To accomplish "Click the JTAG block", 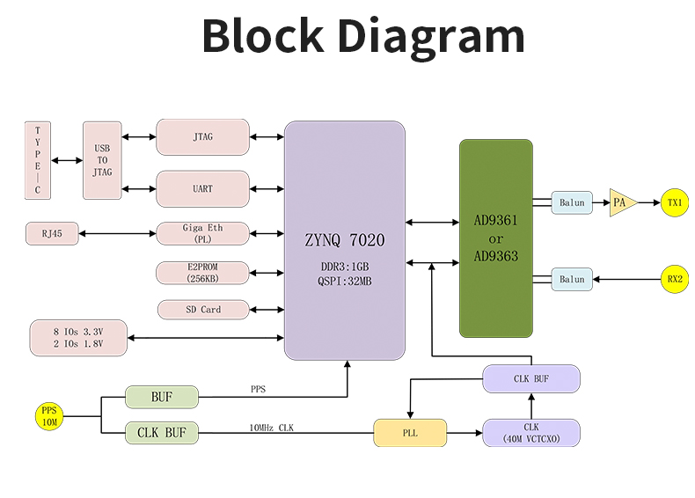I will click(202, 137).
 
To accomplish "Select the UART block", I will click(202, 188).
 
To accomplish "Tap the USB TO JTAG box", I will click(102, 160).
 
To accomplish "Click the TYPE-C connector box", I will click(38, 160).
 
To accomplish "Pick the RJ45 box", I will click(52, 233).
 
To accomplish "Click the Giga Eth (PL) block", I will click(202, 233).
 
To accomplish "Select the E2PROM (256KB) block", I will click(202, 273).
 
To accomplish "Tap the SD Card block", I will click(202, 310).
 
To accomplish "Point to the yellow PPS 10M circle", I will click(48, 415).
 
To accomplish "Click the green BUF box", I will click(162, 397).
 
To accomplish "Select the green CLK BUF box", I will click(162, 433).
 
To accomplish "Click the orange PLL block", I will click(410, 433).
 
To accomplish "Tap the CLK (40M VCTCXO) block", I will click(531, 433).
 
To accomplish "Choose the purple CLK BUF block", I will click(531, 379).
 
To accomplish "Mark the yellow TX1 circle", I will click(675, 203).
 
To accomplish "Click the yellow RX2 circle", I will click(675, 280).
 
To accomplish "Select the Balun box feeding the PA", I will click(572, 203).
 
